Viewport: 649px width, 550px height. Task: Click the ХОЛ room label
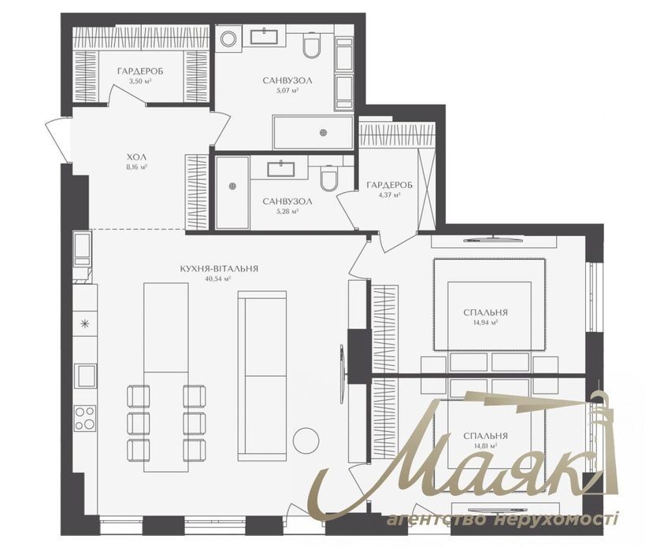click(137, 157)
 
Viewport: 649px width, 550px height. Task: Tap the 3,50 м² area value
click(140, 81)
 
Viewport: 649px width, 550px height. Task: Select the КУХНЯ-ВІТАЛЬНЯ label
click(219, 269)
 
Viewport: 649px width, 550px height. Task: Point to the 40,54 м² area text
click(217, 279)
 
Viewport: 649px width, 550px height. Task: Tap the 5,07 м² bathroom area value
click(287, 90)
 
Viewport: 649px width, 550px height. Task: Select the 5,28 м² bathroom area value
click(287, 212)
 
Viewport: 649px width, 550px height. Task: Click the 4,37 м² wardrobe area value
click(389, 195)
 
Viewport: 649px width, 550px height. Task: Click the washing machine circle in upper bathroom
click(228, 39)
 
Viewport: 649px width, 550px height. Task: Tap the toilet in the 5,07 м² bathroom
click(312, 45)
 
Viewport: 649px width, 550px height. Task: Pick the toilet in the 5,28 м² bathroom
click(329, 179)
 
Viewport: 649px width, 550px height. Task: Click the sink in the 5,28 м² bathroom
click(281, 169)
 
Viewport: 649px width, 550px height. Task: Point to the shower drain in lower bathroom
click(232, 186)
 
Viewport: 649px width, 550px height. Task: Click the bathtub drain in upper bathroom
click(323, 132)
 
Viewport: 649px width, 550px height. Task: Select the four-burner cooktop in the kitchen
click(85, 418)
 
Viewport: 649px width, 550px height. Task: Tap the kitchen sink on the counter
click(85, 376)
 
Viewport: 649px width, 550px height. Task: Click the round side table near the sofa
click(306, 440)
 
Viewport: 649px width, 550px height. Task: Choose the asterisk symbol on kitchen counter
click(84, 324)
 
